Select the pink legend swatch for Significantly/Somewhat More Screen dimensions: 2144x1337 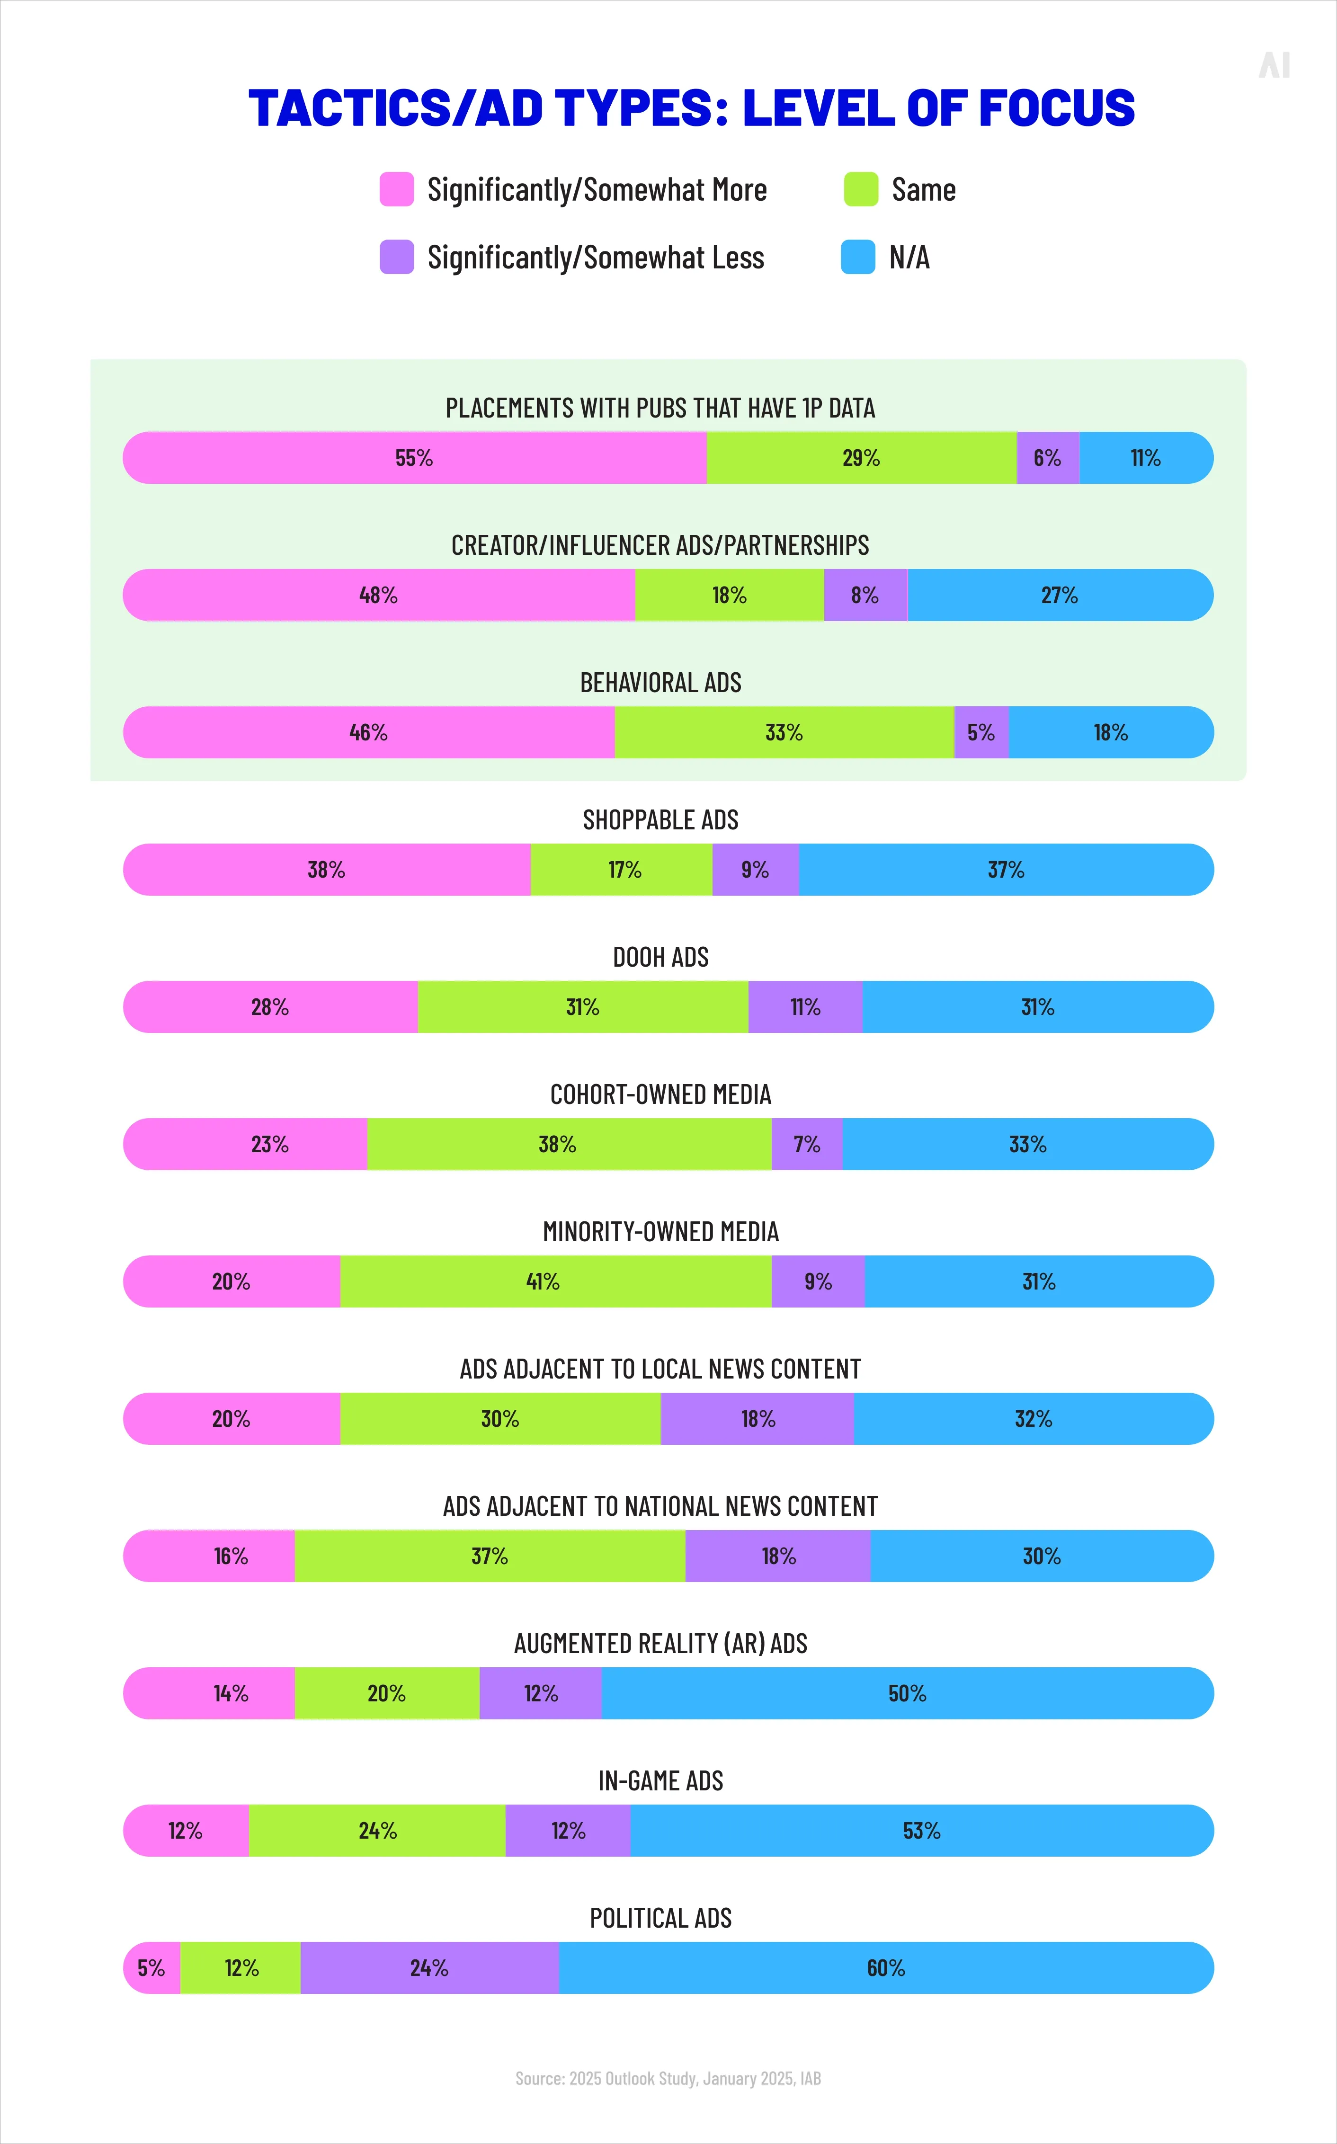coord(396,189)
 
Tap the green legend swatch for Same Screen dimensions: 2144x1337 coord(860,189)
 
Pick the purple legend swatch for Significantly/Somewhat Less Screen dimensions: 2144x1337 coord(396,257)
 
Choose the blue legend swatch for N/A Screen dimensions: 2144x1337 coord(858,257)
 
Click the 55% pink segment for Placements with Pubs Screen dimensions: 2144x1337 coord(414,458)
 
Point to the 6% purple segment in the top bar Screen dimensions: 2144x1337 coord(1047,458)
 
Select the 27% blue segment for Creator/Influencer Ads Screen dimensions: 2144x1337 coord(1060,595)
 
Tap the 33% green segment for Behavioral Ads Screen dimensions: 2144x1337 coord(784,732)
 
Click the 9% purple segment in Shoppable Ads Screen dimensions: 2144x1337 coord(755,870)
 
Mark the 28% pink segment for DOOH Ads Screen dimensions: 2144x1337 coord(270,1007)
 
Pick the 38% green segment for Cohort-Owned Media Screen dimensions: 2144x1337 coord(557,1144)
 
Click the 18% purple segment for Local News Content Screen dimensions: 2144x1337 coord(758,1419)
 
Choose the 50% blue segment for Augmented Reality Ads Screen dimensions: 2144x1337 coord(907,1693)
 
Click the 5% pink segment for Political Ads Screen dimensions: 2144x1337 coord(151,1968)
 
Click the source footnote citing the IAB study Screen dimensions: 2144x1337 coord(668,2079)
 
